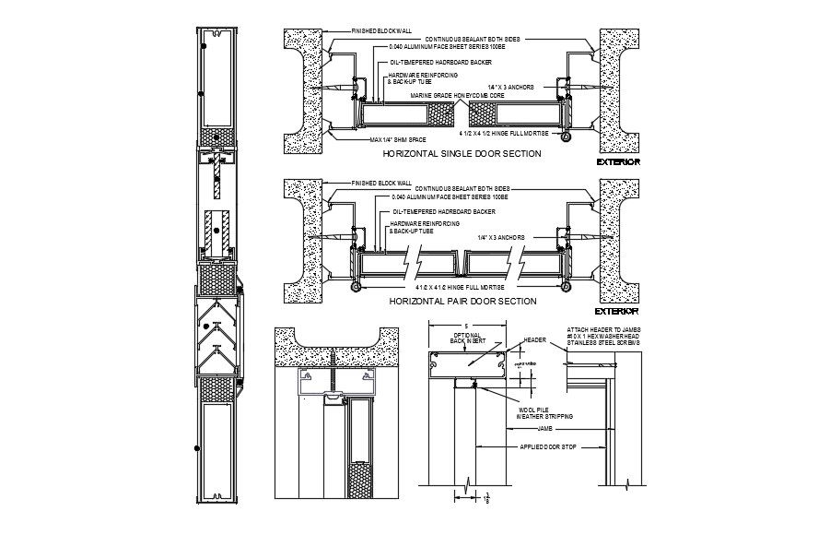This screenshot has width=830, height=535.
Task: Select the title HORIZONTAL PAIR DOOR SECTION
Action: point(462,302)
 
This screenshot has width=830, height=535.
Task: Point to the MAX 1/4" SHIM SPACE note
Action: point(377,138)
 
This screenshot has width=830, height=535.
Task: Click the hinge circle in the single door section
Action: point(566,137)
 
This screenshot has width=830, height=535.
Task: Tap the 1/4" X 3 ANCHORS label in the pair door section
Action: point(501,236)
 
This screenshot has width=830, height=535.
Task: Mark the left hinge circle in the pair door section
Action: point(353,287)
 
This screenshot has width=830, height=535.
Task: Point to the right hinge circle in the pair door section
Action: point(566,287)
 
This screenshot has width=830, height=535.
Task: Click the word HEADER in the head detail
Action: point(535,339)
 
